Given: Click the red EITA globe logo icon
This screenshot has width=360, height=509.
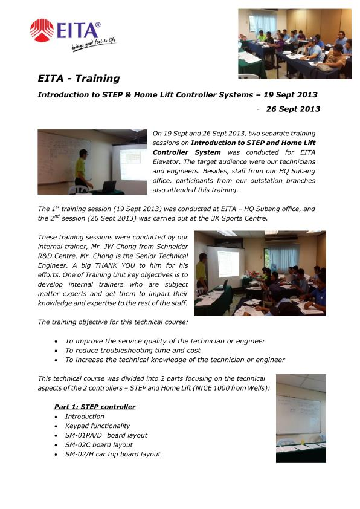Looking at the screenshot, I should [x=42, y=30].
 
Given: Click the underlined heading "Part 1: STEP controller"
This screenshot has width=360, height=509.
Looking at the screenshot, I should [x=95, y=407].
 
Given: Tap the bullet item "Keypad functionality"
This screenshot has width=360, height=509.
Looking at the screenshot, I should [x=97, y=426].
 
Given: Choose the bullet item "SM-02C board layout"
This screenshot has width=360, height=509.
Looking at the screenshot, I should [x=98, y=444].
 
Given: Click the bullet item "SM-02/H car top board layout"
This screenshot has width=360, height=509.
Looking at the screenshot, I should [x=112, y=454].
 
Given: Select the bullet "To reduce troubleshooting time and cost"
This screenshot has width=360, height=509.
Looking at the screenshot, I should [x=133, y=350].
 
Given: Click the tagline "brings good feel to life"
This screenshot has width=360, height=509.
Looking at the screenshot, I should [x=93, y=44].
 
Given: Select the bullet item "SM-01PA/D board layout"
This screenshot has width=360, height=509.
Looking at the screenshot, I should [x=106, y=435].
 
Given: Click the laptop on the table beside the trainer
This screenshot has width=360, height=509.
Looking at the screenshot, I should [x=109, y=186].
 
